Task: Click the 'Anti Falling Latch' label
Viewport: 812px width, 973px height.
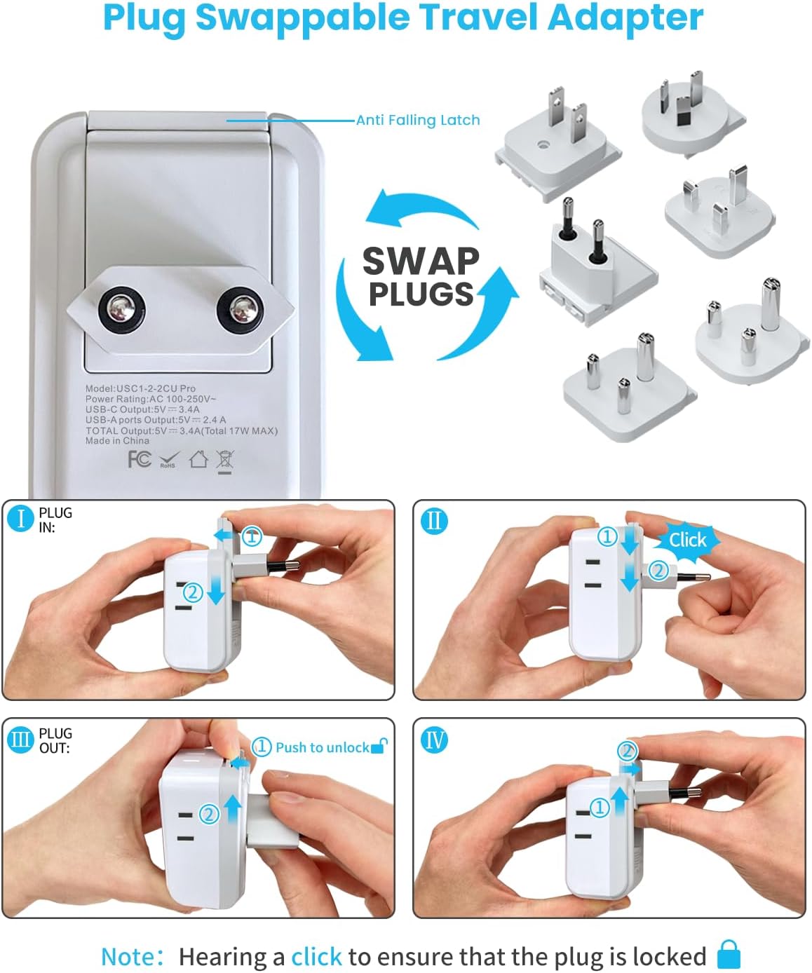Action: pyautogui.click(x=418, y=120)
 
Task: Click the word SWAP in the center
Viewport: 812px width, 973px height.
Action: pyautogui.click(x=421, y=261)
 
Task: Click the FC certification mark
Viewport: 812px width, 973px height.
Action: pyautogui.click(x=140, y=459)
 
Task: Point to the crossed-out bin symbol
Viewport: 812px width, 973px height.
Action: pyautogui.click(x=225, y=461)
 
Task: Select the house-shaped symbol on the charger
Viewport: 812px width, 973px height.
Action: pyautogui.click(x=198, y=459)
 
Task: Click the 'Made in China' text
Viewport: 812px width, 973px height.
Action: pyautogui.click(x=117, y=441)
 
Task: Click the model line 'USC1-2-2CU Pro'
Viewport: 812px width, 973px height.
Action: pyautogui.click(x=140, y=388)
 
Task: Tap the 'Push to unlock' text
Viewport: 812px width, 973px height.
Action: pyautogui.click(x=322, y=747)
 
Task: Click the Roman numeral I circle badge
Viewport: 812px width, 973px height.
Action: pyautogui.click(x=21, y=519)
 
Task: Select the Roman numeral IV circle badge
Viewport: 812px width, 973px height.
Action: pyautogui.click(x=434, y=740)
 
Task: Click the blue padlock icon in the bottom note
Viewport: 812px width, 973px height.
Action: pyautogui.click(x=729, y=955)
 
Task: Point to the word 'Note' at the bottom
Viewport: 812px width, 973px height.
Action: pyautogui.click(x=128, y=957)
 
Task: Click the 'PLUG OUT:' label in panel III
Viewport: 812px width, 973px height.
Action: pyautogui.click(x=55, y=740)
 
